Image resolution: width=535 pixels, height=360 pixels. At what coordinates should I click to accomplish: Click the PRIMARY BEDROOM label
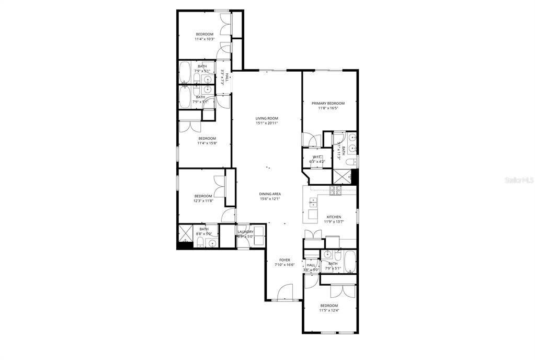(x=328, y=103)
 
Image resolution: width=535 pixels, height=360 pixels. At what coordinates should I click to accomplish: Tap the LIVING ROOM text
(x=267, y=118)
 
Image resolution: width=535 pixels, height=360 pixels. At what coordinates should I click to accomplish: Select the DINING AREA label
(x=270, y=194)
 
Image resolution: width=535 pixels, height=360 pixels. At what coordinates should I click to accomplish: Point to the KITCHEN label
(x=334, y=217)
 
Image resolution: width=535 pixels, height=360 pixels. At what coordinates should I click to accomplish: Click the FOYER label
(x=284, y=260)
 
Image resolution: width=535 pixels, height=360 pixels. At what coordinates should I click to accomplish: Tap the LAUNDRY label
(x=245, y=232)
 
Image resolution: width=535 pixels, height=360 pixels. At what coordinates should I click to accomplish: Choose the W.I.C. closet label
(x=317, y=157)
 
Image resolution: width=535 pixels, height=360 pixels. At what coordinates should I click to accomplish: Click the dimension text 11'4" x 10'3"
(x=204, y=39)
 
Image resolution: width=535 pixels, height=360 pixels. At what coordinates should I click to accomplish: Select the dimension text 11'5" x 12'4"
(x=329, y=310)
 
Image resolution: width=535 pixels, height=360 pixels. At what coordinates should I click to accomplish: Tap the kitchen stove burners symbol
(x=335, y=189)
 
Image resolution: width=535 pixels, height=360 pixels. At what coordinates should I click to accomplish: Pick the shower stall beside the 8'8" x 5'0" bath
(x=186, y=233)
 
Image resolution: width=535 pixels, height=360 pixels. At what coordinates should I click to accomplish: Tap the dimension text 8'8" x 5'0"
(x=204, y=233)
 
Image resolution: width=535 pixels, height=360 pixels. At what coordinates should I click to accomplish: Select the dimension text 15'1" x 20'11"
(x=267, y=123)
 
